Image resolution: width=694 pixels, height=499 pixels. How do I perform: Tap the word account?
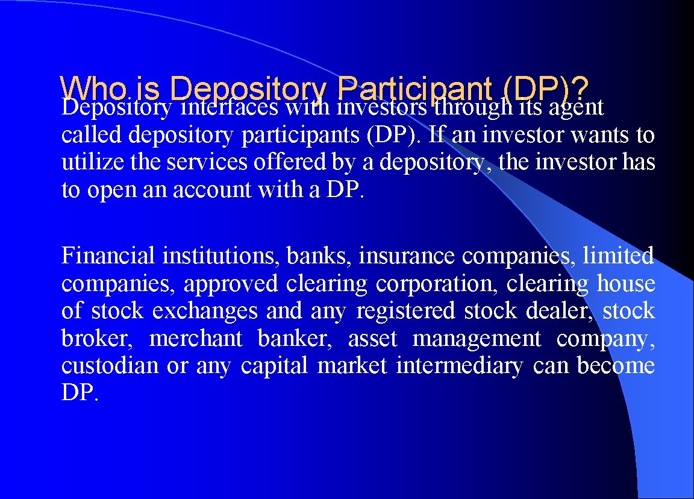(x=211, y=190)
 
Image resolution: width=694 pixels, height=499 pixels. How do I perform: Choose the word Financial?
(x=108, y=256)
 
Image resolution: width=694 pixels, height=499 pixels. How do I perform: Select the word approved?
(x=231, y=284)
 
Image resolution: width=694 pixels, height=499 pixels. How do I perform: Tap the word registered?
(x=405, y=311)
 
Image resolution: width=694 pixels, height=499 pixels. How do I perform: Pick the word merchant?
(x=195, y=339)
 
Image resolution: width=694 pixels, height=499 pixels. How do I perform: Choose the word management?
(x=477, y=339)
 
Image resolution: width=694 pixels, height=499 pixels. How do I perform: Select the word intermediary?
(x=460, y=366)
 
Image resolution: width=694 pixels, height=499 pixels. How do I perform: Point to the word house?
(x=626, y=283)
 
